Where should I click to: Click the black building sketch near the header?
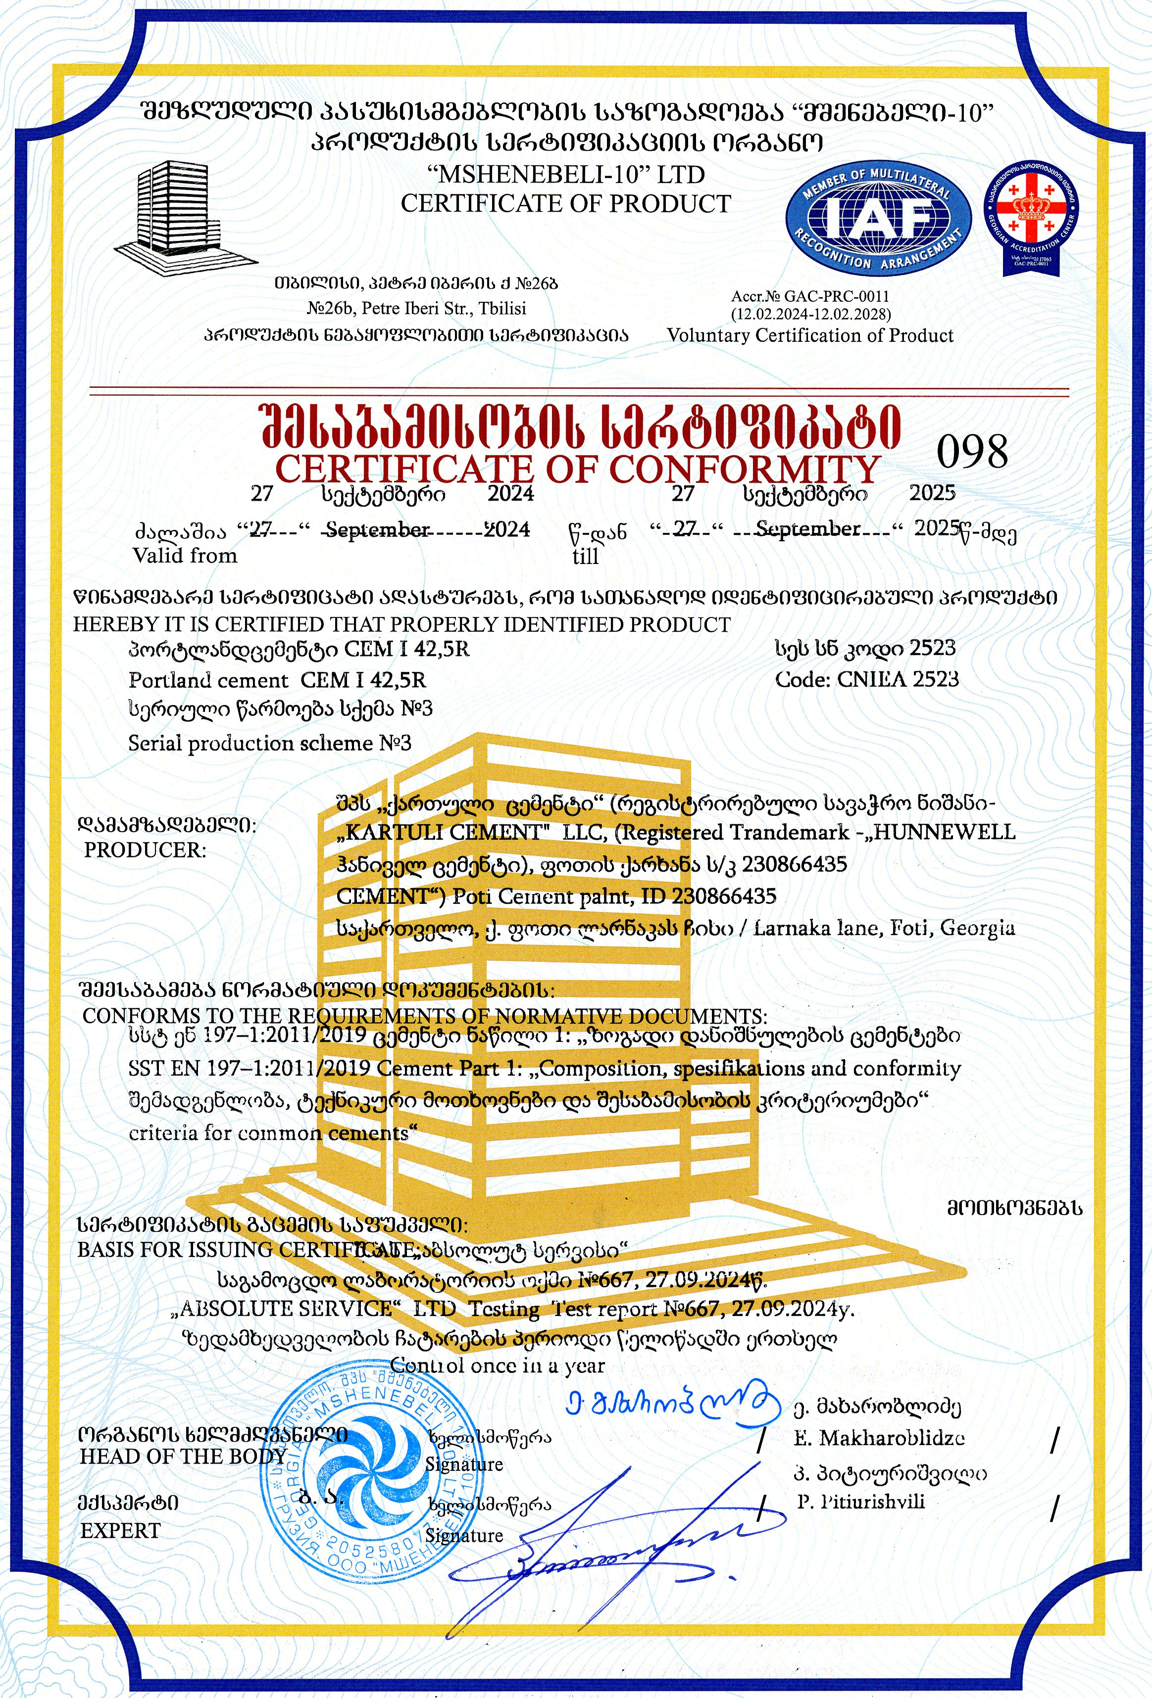point(183,216)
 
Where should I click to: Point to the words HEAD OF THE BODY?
point(182,1456)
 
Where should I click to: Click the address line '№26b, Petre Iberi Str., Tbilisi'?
point(417,308)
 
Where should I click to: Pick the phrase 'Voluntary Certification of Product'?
point(810,335)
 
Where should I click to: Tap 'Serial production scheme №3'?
point(270,743)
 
